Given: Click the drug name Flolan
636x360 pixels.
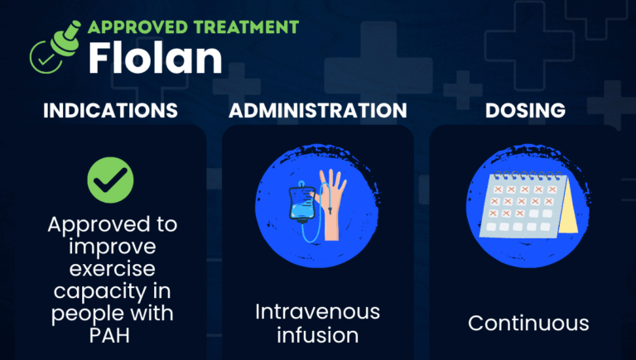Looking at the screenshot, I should pos(154,58).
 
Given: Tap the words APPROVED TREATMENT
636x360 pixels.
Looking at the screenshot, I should pos(192,26).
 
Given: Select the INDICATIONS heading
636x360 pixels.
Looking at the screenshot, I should pos(110,110).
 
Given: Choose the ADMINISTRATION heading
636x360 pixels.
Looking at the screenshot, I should pos(317,110).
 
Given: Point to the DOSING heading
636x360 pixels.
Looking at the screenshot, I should pos(528,110).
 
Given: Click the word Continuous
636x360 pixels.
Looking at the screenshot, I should pos(528,323).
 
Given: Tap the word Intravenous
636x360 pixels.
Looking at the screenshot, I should pos(318,313).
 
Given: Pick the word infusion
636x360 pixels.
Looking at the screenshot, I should pos(318,335).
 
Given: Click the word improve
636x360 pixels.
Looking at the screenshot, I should pos(110,248).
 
